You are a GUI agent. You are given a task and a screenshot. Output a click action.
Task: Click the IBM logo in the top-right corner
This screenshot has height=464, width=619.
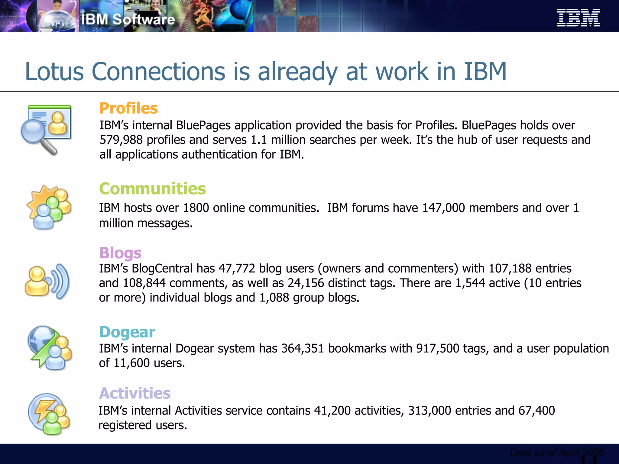[578, 18]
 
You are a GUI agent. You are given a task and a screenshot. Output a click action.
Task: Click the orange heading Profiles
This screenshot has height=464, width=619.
[128, 108]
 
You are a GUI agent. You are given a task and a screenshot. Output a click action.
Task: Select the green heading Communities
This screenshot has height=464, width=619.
[152, 189]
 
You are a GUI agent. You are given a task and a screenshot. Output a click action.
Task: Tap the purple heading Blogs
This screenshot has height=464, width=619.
[120, 253]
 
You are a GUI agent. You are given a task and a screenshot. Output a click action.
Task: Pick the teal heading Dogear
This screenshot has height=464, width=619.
[127, 332]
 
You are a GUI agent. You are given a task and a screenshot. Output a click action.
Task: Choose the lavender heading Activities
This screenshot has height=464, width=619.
[135, 393]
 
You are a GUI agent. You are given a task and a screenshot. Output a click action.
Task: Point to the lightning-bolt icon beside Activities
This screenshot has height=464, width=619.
[44, 409]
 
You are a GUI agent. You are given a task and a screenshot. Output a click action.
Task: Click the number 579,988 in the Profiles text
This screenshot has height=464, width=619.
[121, 140]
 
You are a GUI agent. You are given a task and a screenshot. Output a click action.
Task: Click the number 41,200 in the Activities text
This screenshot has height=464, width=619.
[332, 411]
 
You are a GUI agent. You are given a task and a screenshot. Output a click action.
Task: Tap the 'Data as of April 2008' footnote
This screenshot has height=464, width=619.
[557, 453]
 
